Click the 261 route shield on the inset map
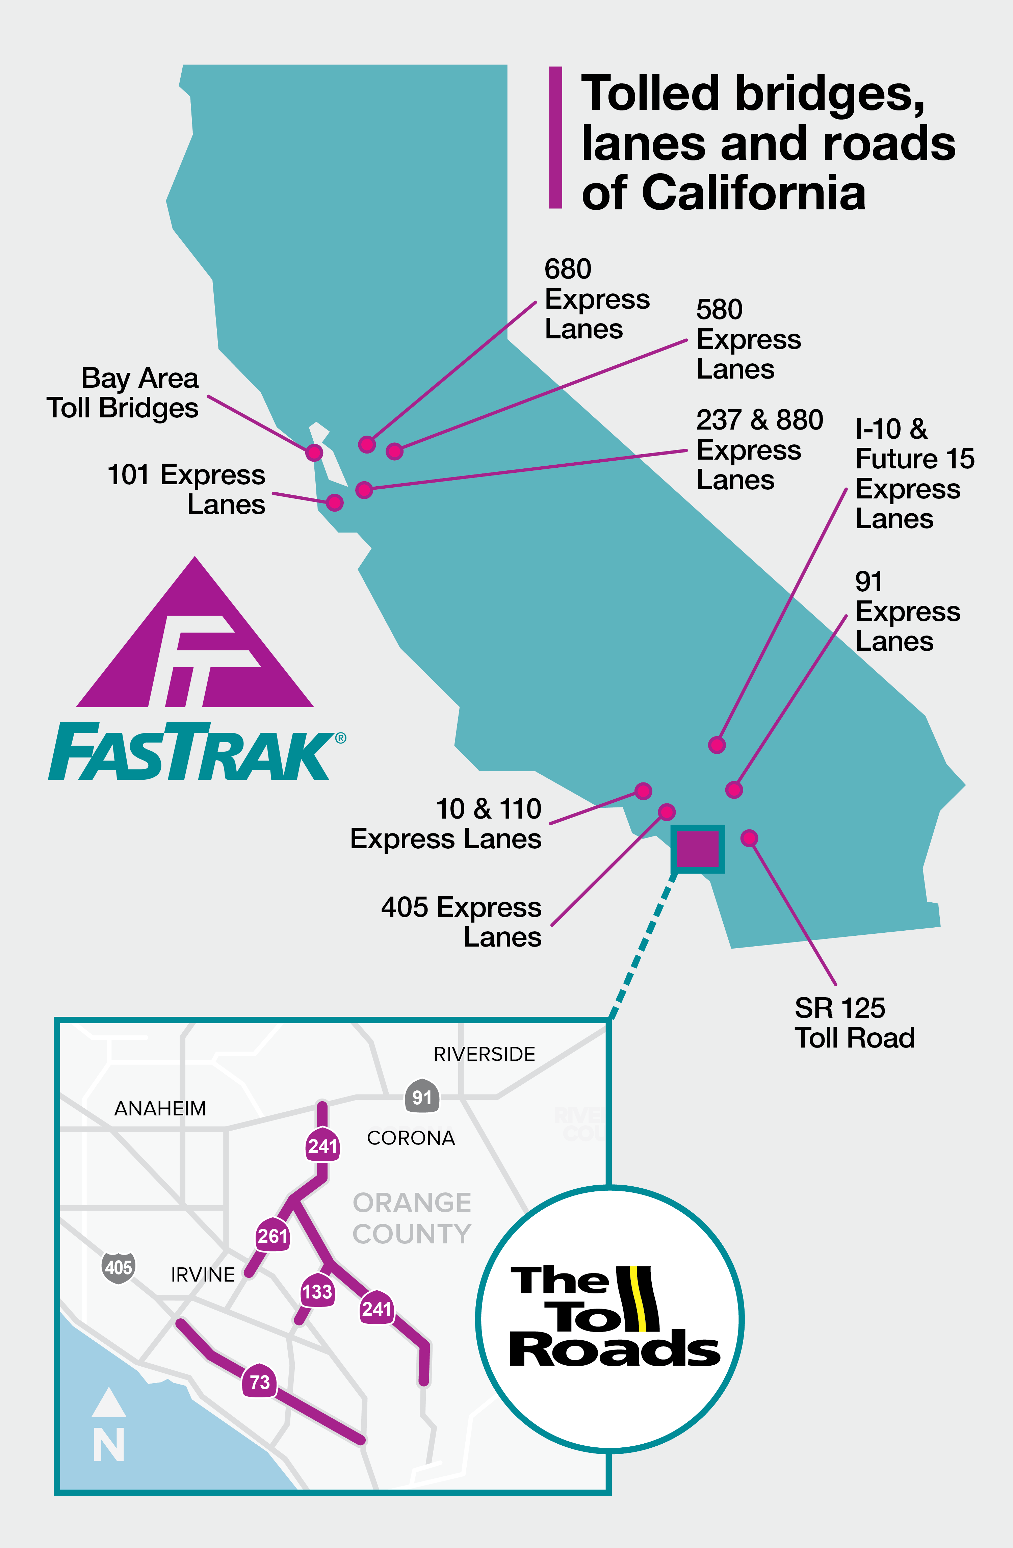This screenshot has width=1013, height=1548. (x=272, y=1235)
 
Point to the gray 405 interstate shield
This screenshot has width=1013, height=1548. (x=118, y=1267)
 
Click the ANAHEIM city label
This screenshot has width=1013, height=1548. (x=160, y=1108)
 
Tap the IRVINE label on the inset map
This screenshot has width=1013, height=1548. (x=203, y=1275)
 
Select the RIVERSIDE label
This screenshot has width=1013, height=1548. (x=485, y=1054)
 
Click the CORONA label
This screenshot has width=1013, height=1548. (x=411, y=1138)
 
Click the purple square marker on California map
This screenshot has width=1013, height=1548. (x=698, y=849)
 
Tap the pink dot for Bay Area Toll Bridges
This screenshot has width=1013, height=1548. (x=314, y=452)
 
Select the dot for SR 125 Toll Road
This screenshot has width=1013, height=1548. (x=749, y=838)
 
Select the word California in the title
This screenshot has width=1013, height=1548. (x=754, y=193)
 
